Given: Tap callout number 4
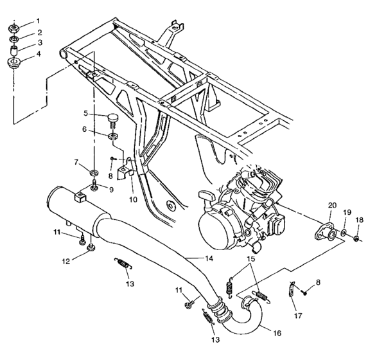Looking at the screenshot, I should click(x=39, y=53).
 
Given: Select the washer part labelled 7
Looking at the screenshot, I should click(x=94, y=172).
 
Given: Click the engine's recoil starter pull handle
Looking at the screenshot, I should click(x=207, y=195).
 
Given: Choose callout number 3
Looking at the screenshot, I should click(x=39, y=42).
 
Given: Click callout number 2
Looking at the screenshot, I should click(x=39, y=32).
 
